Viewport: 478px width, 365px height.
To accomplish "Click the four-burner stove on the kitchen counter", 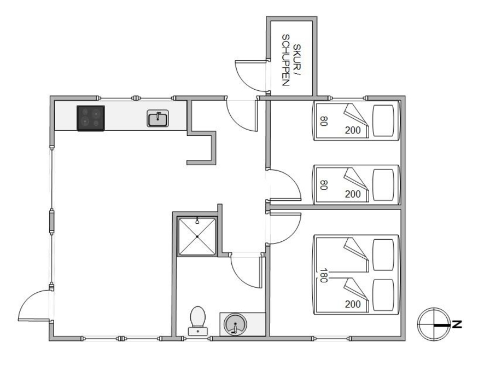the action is (x=91, y=118).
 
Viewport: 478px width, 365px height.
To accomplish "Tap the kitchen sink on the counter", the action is (x=158, y=118).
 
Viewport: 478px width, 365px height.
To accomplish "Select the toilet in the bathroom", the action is (x=197, y=321).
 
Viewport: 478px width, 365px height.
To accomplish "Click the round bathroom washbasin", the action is (x=235, y=325).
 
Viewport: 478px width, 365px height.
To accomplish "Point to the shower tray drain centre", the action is (x=197, y=236).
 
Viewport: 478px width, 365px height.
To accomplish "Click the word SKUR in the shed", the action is (x=296, y=58).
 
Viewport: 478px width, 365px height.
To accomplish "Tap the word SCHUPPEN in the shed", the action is (x=285, y=60).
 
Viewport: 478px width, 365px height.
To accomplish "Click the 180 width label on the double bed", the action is (x=323, y=275).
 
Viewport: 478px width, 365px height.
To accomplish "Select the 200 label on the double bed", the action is (x=353, y=304).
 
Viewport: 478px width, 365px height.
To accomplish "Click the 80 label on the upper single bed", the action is (x=323, y=121).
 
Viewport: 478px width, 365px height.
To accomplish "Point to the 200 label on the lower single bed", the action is (x=353, y=194).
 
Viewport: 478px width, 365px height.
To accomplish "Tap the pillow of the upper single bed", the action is (x=383, y=120).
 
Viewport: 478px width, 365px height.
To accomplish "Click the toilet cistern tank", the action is (x=197, y=331).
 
